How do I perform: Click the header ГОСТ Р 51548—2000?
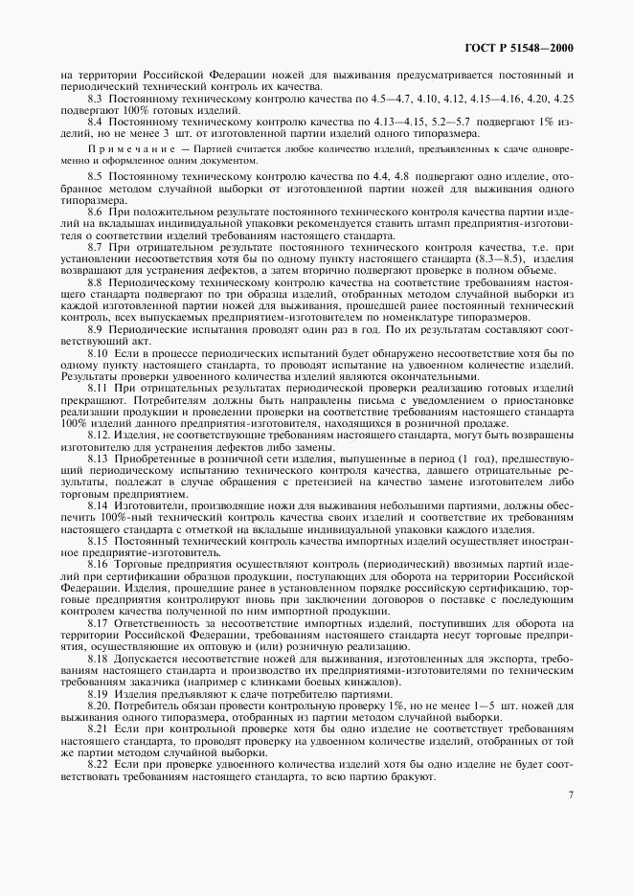518,50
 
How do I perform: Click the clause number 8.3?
96,99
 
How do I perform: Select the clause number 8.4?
96,123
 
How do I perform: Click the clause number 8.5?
96,179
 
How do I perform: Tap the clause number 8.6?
96,211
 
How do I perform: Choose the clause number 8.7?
96,247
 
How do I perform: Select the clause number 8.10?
99,353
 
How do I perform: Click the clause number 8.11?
99,390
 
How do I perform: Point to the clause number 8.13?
99,459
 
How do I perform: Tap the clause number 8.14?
99,504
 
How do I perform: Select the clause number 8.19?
99,693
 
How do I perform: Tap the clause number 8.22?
99,763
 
